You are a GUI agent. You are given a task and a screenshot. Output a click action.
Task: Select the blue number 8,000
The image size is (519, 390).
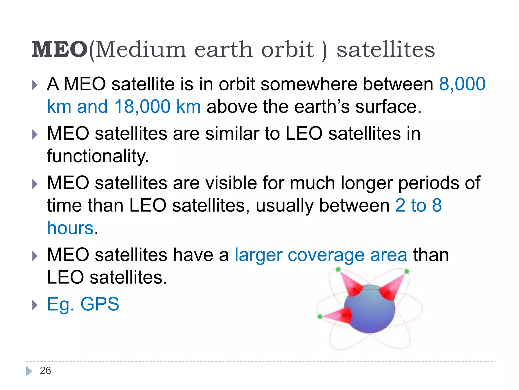click(x=462, y=84)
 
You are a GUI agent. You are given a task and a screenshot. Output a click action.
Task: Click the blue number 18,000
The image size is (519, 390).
click(x=142, y=106)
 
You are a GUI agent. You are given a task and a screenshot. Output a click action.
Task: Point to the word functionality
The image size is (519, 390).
click(x=98, y=156)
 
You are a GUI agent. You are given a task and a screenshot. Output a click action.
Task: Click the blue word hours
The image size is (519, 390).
click(x=70, y=228)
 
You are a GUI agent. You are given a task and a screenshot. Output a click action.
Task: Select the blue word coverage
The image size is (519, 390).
click(x=326, y=255)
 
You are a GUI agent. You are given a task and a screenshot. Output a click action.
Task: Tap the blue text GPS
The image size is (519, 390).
click(x=100, y=304)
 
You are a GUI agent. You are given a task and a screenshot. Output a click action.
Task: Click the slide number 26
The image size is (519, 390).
click(x=45, y=371)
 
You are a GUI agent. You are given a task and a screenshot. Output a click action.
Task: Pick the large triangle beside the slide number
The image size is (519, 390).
click(x=29, y=371)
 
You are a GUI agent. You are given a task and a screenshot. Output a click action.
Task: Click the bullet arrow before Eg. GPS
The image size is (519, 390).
click(x=35, y=305)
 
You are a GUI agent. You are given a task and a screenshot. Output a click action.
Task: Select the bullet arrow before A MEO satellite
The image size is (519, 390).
click(x=35, y=85)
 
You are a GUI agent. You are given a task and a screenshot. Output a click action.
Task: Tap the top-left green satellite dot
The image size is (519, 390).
click(x=338, y=269)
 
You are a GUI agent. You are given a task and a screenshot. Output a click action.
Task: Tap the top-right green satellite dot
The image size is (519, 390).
click(x=407, y=271)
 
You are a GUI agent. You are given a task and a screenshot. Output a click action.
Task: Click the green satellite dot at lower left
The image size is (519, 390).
click(x=320, y=316)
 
